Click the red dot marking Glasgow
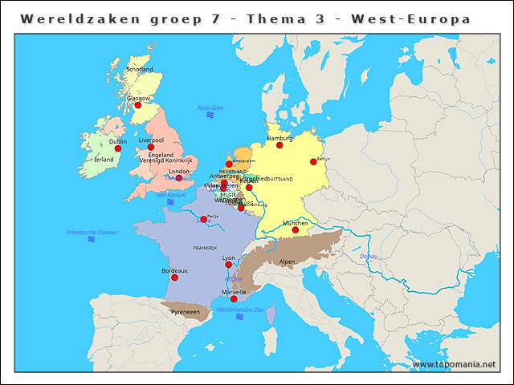point(138,105)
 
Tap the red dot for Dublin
point(118,148)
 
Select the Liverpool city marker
point(151,147)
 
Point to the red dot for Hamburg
point(280,145)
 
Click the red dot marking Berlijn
point(313,162)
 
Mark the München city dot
point(296,230)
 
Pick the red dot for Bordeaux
point(174,278)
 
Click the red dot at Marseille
point(234,299)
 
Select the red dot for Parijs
point(204,220)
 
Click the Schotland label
point(139,70)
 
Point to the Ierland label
point(104,160)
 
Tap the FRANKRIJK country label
point(206,249)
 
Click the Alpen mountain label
point(287,261)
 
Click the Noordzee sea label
point(210,107)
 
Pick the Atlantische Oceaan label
point(92,232)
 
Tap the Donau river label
point(369,256)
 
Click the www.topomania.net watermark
point(454,364)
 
